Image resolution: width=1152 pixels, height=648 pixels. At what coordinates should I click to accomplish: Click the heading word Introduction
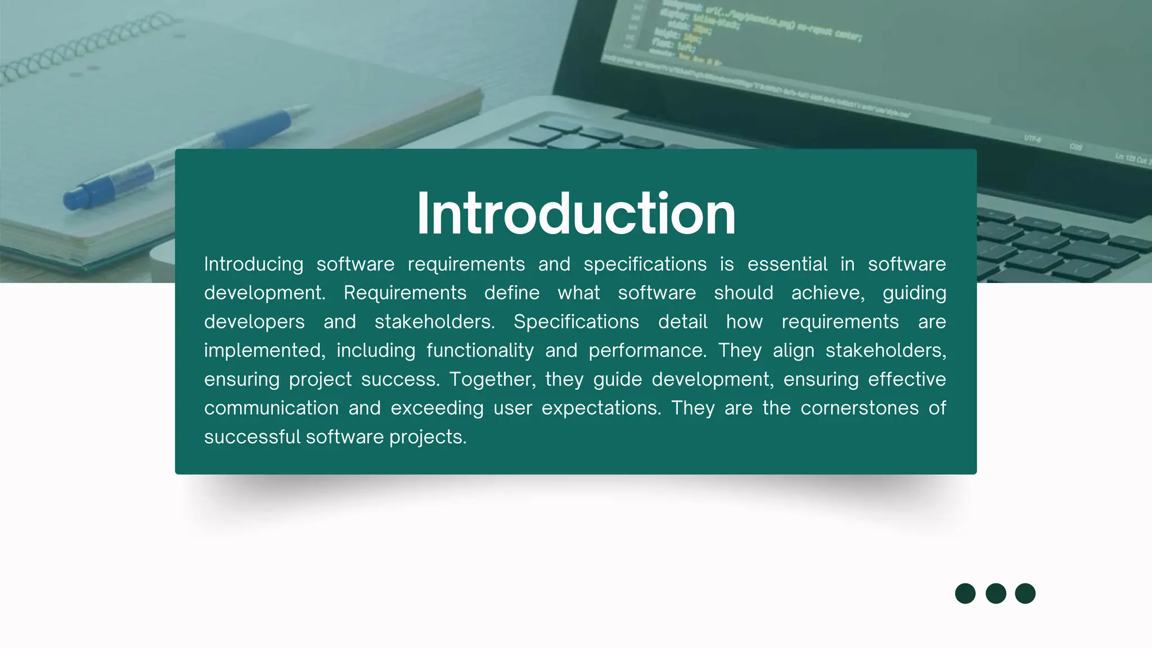[576, 214]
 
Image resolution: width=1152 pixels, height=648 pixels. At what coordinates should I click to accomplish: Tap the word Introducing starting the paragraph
[253, 264]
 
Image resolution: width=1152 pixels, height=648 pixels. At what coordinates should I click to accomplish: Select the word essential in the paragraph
[787, 264]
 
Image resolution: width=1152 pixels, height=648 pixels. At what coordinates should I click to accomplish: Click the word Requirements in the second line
[405, 293]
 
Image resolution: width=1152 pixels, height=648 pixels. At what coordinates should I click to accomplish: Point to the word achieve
[827, 293]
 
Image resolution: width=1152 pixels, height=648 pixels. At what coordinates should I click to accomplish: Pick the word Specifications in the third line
[576, 322]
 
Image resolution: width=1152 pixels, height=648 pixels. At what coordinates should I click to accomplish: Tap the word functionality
[480, 350]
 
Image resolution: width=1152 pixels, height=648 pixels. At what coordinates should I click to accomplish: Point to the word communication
[271, 408]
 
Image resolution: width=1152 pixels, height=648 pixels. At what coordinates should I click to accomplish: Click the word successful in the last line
[253, 437]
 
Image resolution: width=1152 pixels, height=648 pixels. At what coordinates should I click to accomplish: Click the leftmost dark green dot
[965, 593]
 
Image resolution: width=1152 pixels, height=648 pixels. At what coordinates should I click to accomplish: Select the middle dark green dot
[996, 593]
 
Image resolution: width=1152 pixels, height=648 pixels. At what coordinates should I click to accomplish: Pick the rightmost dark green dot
[1025, 593]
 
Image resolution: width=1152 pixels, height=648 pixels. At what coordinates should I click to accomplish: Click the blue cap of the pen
[79, 197]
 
